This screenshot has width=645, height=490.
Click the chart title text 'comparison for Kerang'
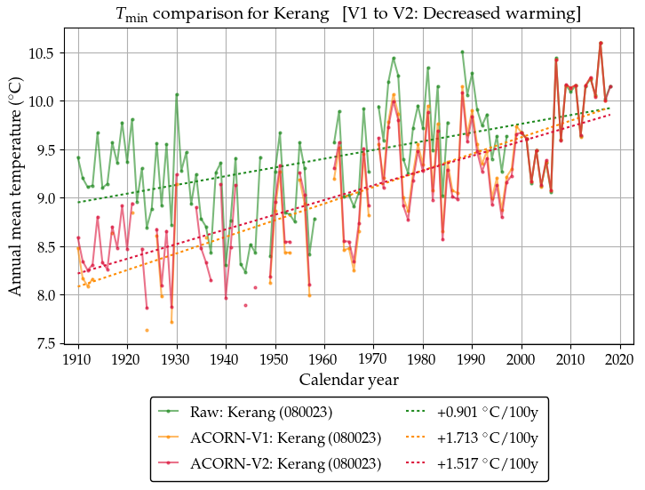(x=241, y=15)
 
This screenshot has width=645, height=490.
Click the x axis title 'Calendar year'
(x=348, y=380)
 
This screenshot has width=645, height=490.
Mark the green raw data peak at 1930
(x=177, y=94)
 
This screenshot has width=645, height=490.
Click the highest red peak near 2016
(x=601, y=43)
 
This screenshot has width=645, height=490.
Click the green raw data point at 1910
(x=78, y=157)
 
